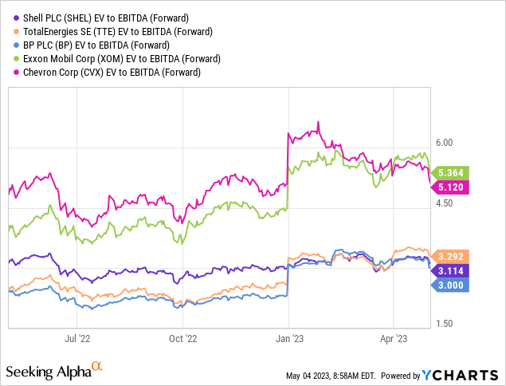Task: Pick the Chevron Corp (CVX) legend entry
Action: (101, 73)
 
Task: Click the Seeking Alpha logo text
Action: (54, 371)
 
